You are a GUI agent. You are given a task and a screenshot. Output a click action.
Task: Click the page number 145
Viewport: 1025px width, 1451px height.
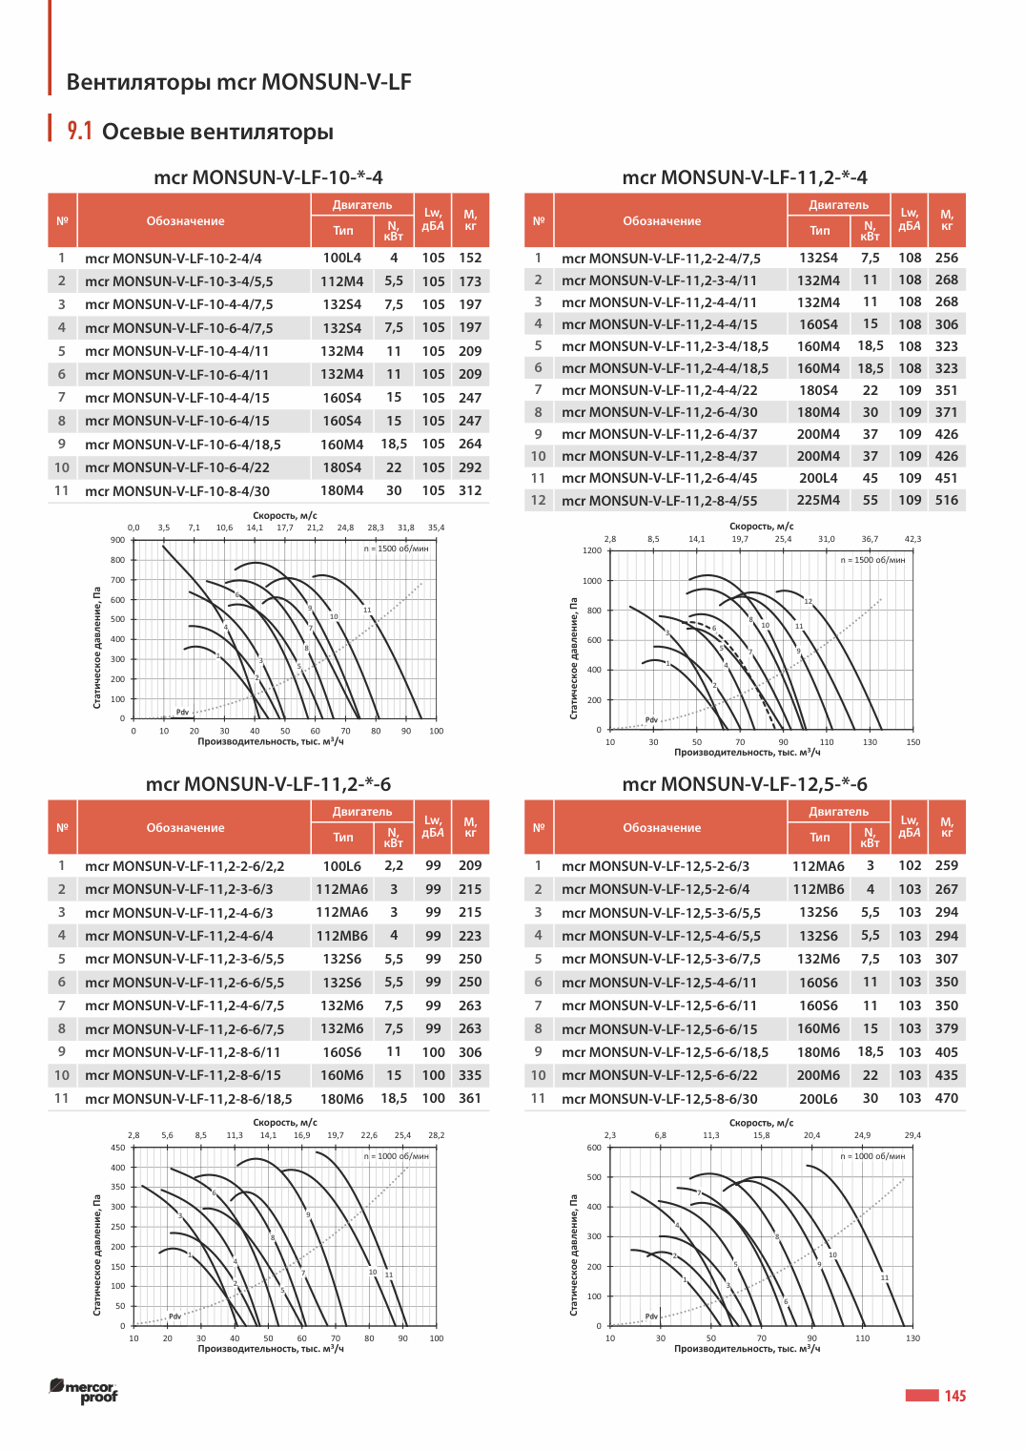click(954, 1396)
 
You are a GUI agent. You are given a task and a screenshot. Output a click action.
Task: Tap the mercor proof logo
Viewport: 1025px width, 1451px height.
click(84, 1391)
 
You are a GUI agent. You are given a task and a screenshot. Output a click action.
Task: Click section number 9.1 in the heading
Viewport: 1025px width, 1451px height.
click(80, 132)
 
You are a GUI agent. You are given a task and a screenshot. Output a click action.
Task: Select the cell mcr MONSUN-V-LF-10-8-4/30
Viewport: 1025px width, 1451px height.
click(176, 491)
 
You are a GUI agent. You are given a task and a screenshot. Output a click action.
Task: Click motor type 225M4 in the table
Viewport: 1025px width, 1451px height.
click(818, 500)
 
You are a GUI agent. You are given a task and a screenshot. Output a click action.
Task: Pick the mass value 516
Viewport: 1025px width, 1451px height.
click(946, 500)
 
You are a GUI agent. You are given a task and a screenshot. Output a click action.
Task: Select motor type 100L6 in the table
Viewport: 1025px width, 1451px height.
click(342, 866)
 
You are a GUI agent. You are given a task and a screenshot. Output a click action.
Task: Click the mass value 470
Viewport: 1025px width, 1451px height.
click(946, 1099)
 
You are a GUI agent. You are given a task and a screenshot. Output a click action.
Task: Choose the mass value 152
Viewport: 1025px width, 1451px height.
click(470, 258)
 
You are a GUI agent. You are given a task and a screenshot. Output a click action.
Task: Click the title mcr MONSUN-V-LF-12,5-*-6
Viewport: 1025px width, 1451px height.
click(745, 784)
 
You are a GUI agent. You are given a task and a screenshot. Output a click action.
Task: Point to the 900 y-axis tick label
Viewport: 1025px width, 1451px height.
click(117, 540)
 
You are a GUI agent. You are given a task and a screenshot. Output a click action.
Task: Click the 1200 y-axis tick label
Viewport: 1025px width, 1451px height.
click(592, 550)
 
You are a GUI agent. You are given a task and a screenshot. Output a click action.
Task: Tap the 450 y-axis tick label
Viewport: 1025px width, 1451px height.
click(117, 1148)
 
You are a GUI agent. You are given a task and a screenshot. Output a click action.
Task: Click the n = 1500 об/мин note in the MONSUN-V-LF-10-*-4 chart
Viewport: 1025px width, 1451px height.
click(396, 549)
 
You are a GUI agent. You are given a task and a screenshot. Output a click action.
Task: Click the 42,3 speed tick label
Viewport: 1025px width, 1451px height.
click(913, 539)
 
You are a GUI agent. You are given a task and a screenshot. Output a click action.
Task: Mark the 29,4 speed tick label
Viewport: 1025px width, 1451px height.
click(913, 1135)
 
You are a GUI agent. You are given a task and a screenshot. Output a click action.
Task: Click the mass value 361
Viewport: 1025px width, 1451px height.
click(470, 1099)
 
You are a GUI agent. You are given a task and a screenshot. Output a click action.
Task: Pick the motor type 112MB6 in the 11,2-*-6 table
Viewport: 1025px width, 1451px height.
click(342, 936)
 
